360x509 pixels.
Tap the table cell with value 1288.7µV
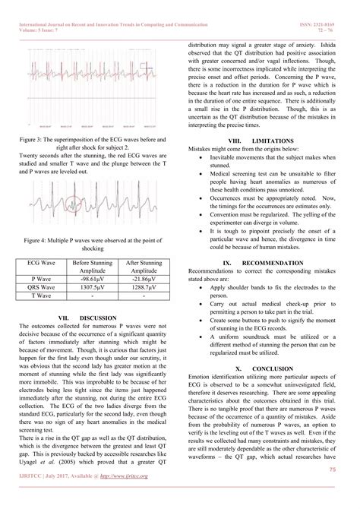pos(145,289)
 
